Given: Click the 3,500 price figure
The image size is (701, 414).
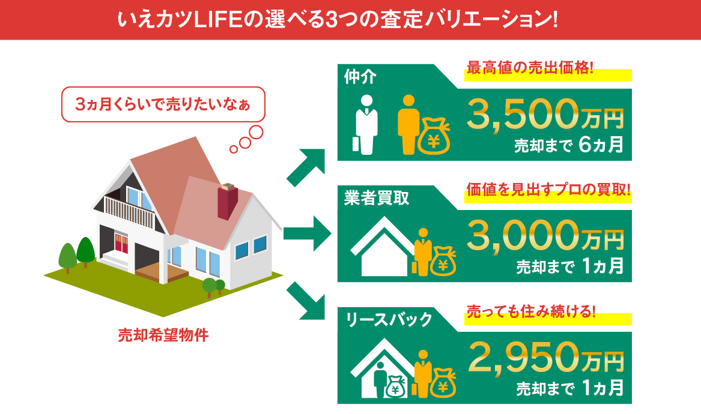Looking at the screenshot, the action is pos(523,115).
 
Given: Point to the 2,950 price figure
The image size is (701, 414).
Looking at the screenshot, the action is pos(524,357).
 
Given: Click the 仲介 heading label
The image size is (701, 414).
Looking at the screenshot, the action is pos(360,77).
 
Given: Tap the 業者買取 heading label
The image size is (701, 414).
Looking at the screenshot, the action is pos(377,198).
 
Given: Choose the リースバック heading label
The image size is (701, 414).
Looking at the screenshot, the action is pos(389,319).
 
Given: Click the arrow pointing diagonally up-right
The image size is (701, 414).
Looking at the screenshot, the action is pos(306,167).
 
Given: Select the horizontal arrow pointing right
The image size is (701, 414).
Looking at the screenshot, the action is pos(307,233).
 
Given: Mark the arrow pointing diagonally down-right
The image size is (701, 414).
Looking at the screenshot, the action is pos(306,301).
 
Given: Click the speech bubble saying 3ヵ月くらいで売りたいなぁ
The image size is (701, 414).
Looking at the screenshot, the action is pos(163,104).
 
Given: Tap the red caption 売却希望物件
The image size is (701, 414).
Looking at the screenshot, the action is pos(163,335).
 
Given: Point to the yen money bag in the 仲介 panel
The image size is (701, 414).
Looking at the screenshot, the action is pos(434,137).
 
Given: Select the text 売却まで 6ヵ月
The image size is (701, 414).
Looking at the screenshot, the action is pos(568,145).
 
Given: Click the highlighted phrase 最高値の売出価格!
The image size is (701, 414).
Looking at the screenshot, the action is pos(530,68).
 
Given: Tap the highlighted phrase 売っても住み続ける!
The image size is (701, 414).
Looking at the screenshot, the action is pos(531,311).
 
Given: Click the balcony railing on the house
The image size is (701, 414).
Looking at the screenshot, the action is pos(129,212).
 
